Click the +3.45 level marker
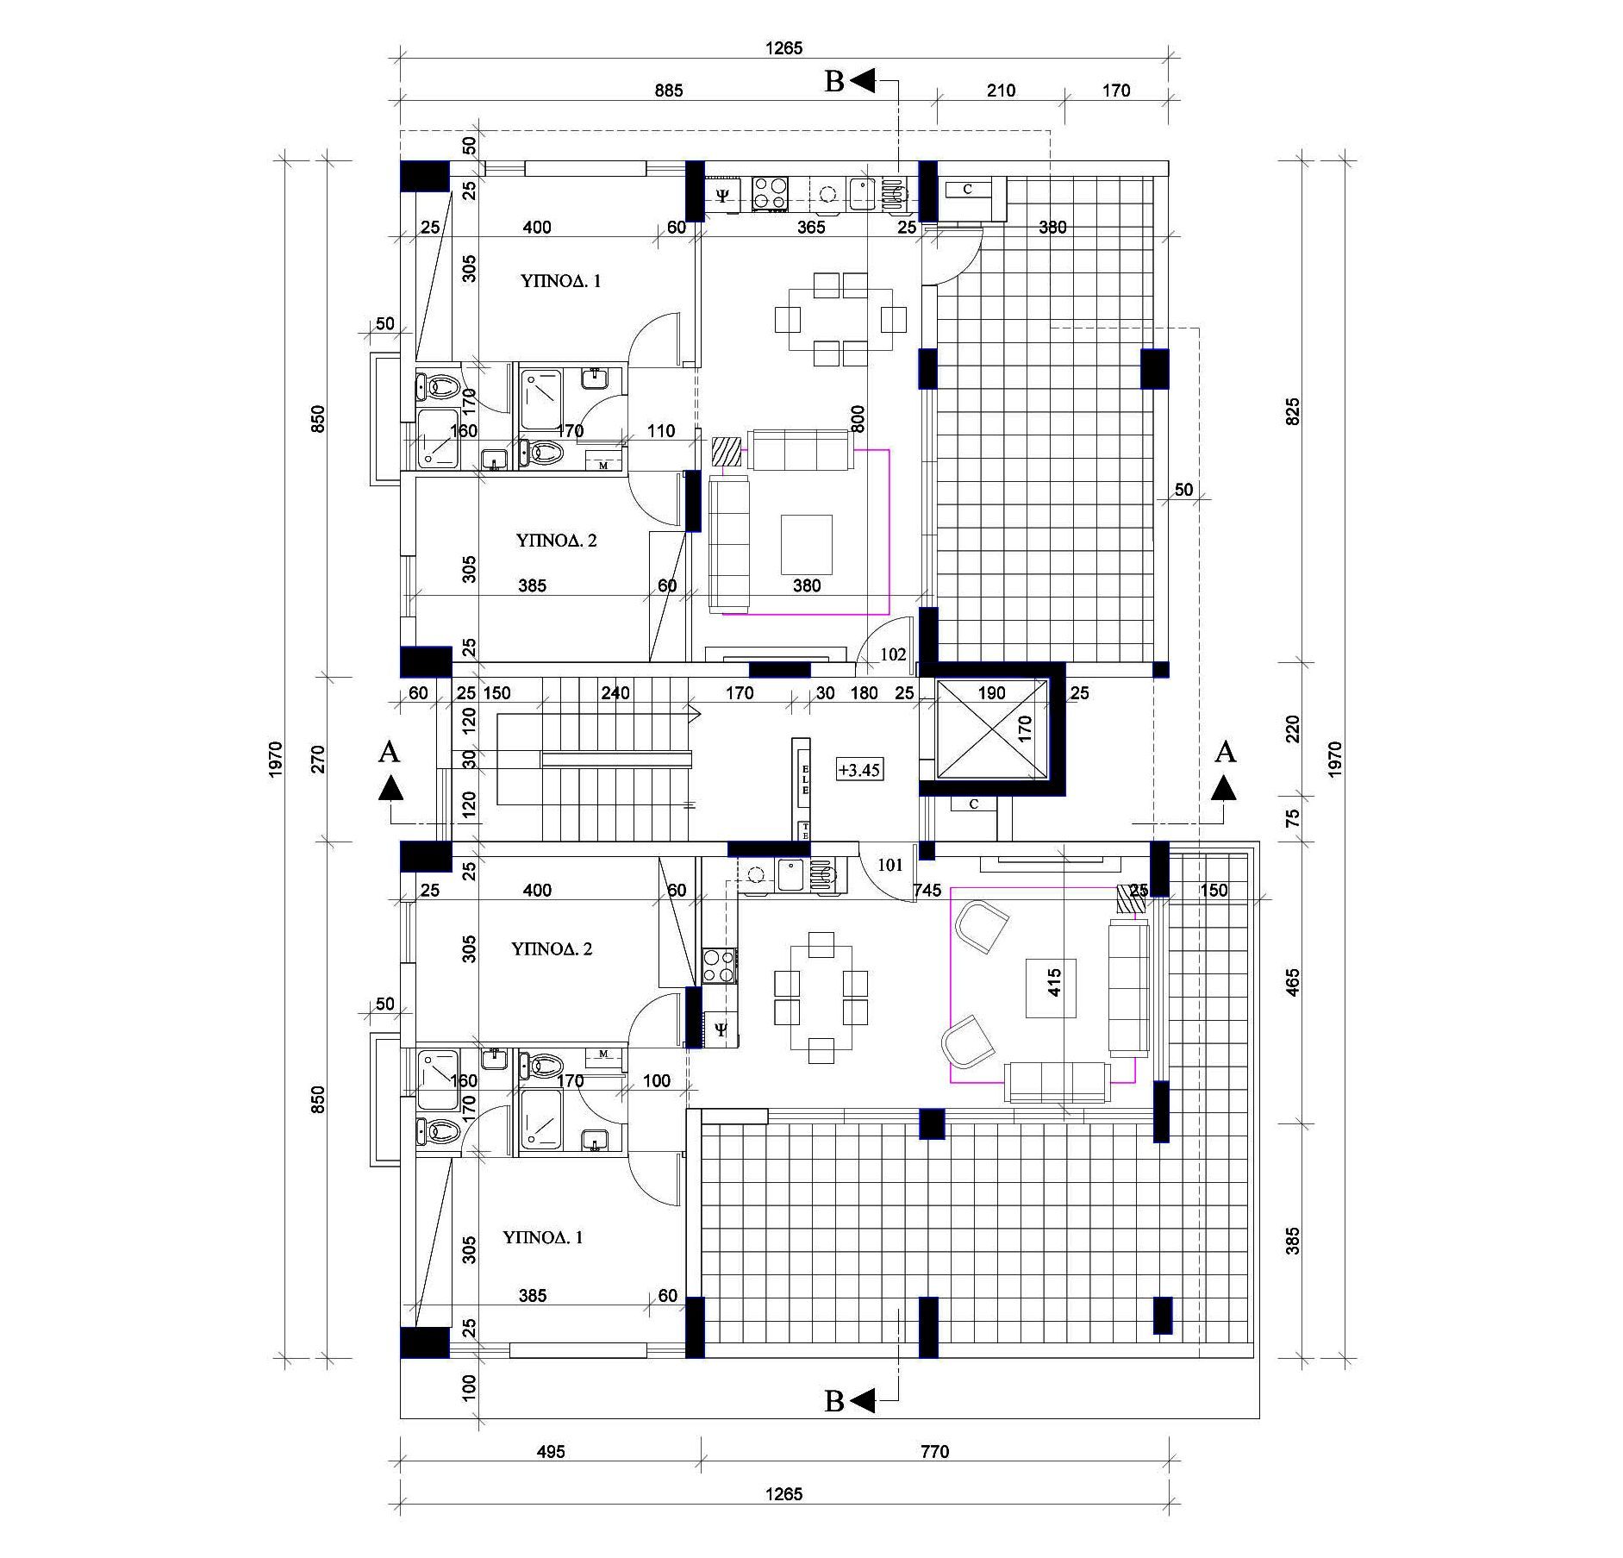(x=859, y=769)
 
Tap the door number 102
(x=893, y=654)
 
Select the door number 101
(x=890, y=864)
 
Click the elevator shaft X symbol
(x=991, y=729)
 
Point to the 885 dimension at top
(x=668, y=91)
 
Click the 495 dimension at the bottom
(x=551, y=1451)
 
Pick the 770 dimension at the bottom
(x=934, y=1451)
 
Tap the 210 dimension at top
(x=1001, y=91)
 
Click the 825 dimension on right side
(x=1292, y=411)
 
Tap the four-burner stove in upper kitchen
(x=770, y=193)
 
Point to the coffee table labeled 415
(x=1051, y=982)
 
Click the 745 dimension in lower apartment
(x=927, y=891)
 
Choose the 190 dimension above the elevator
(x=992, y=692)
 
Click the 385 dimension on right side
(x=1292, y=1241)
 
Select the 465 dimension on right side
(x=1292, y=982)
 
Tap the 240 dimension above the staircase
(x=615, y=692)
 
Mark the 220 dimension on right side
(x=1292, y=729)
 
